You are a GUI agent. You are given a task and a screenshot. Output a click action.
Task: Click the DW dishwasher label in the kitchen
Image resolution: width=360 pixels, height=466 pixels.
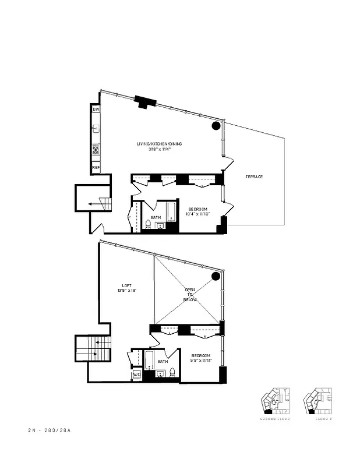96,110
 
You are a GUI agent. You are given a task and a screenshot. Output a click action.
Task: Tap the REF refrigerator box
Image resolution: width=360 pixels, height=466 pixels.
96,168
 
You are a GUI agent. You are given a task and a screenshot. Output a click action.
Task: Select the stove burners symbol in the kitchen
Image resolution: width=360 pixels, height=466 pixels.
96,151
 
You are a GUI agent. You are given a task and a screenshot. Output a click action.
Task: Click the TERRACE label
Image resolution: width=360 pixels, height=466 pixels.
254,176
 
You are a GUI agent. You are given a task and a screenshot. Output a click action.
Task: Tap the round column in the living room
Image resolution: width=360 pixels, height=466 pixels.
216,125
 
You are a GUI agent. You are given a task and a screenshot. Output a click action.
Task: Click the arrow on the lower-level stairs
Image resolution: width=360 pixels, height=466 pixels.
93,204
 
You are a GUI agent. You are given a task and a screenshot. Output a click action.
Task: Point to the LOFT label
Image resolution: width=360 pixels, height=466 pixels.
126,285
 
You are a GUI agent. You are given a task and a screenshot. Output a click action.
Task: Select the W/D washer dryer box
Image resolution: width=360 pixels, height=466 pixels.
137,375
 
